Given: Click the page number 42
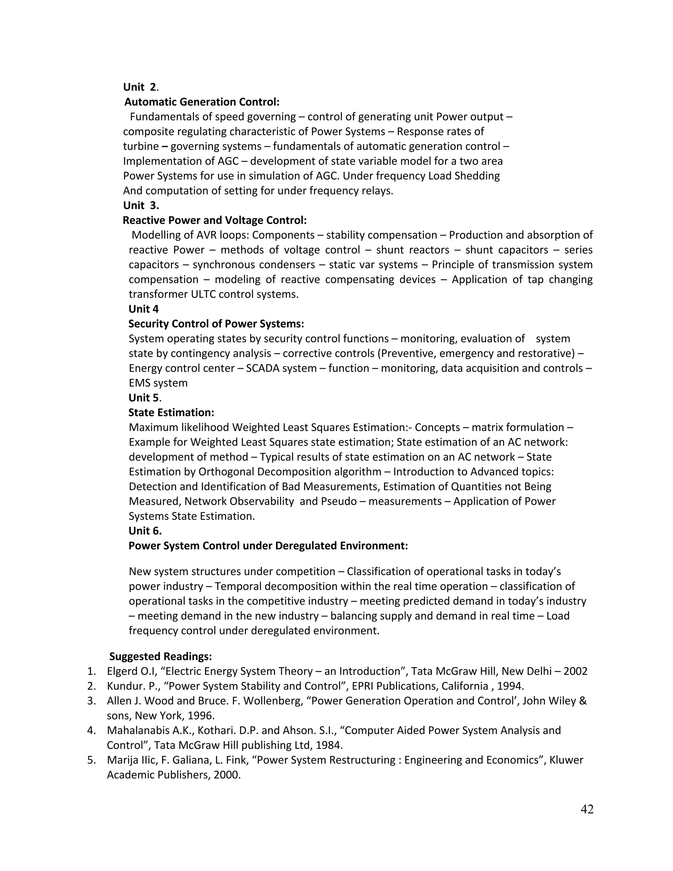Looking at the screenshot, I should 587,809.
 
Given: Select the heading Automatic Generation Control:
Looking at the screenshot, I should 202,102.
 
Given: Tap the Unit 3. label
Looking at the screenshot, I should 141,205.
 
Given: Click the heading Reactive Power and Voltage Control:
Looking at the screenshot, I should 215,220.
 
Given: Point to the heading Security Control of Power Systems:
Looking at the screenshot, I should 216,324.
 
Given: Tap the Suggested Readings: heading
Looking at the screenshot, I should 160,656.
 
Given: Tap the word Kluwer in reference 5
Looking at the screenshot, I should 566,760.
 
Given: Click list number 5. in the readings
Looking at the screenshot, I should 92,760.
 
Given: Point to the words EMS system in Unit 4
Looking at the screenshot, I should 158,383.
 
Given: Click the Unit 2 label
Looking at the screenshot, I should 140,87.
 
